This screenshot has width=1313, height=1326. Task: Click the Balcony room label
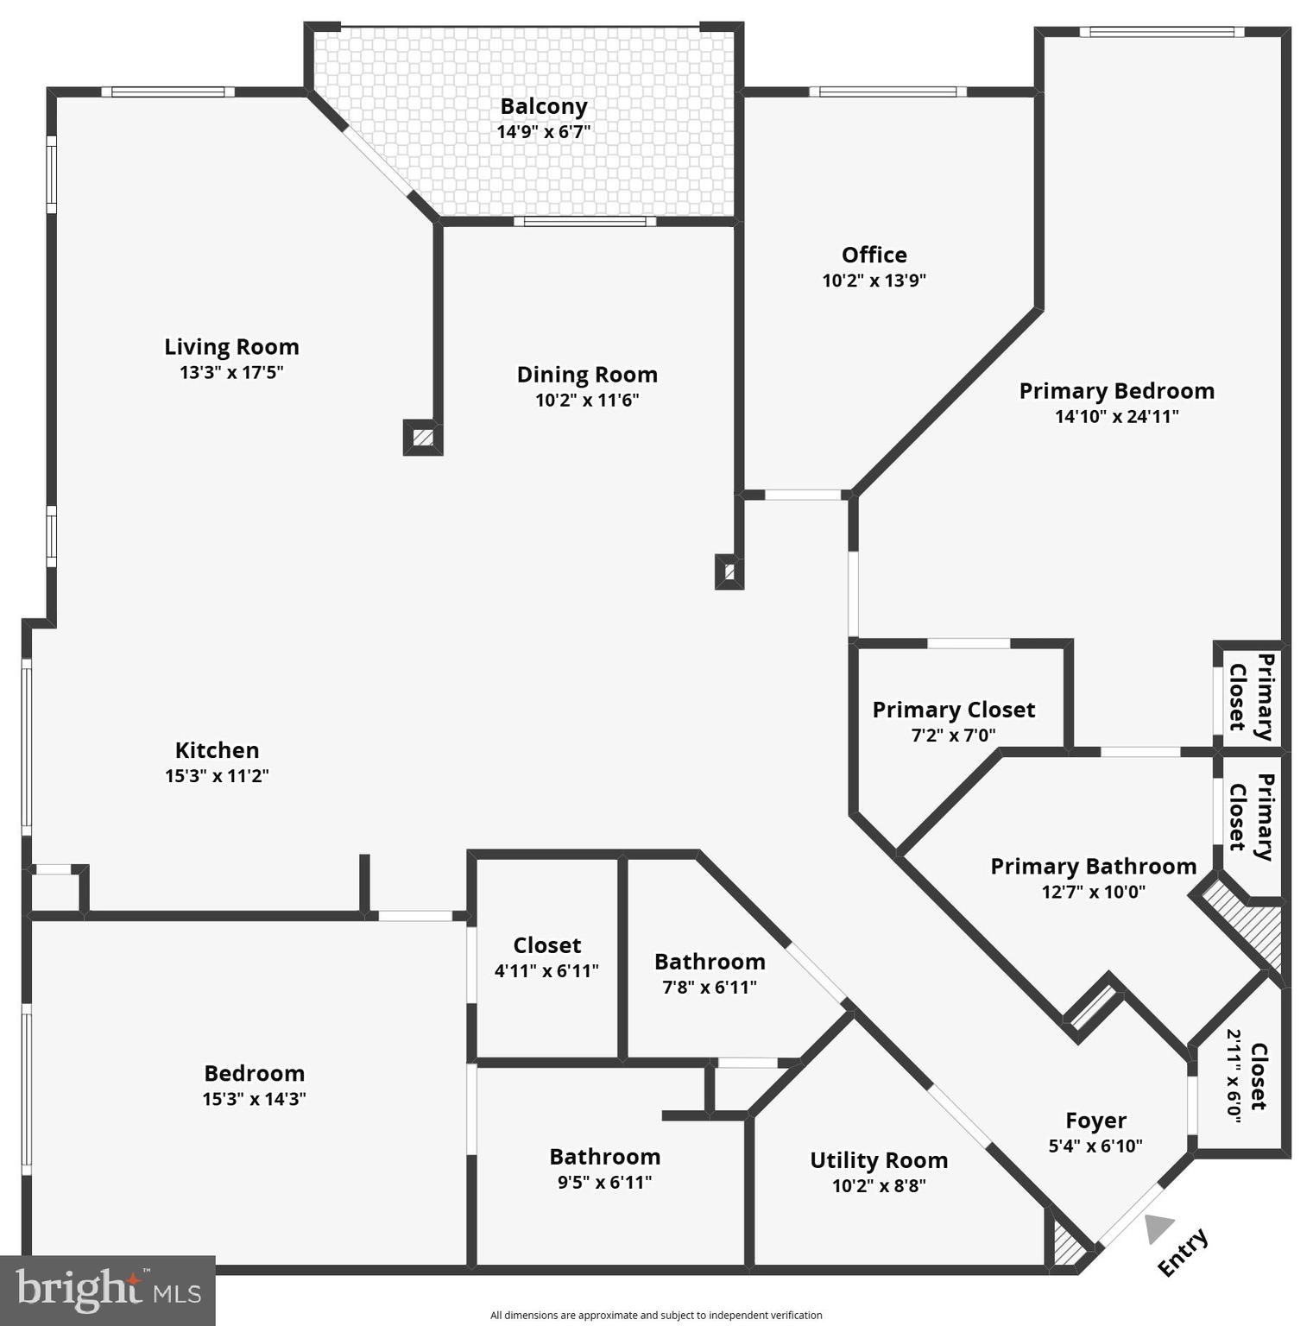click(x=543, y=106)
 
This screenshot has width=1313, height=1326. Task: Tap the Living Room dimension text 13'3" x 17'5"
click(x=231, y=373)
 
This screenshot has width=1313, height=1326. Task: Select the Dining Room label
click(x=587, y=375)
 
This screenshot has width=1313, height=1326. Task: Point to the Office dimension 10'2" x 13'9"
click(x=874, y=281)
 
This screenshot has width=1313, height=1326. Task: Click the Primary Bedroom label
click(x=1116, y=391)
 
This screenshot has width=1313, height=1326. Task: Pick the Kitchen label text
click(x=217, y=750)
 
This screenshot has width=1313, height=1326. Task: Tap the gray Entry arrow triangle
click(x=1158, y=1228)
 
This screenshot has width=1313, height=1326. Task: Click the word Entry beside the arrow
click(x=1183, y=1252)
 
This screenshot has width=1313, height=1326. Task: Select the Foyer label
click(x=1095, y=1121)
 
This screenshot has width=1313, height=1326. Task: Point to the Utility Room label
click(x=879, y=1160)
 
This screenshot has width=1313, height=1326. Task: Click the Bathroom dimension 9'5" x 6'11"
click(x=604, y=1183)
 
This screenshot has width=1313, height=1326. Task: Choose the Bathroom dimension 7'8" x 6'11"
click(x=710, y=988)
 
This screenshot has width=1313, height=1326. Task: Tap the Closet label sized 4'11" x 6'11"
click(x=546, y=945)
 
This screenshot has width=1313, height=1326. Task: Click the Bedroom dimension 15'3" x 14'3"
click(x=254, y=1099)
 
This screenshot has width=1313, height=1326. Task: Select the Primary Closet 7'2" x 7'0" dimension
click(x=953, y=736)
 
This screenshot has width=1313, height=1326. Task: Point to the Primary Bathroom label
click(x=1093, y=866)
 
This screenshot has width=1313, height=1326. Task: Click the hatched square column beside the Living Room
click(x=423, y=438)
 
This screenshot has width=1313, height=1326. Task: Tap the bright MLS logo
click(x=107, y=1290)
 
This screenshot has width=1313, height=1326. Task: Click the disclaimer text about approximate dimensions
click(x=656, y=1316)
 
